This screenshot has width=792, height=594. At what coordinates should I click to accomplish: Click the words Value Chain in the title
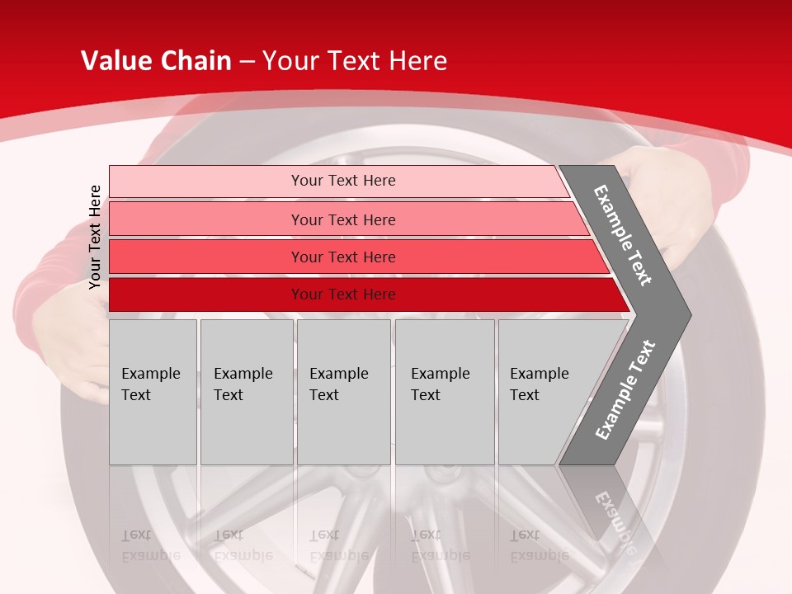[x=156, y=61]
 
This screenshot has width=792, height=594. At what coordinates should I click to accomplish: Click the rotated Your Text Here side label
[x=95, y=237]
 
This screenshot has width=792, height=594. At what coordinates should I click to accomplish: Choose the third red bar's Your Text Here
[x=343, y=257]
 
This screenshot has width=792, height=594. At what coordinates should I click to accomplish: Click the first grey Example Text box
[x=153, y=391]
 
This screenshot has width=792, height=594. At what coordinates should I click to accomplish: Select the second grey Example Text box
[x=246, y=391]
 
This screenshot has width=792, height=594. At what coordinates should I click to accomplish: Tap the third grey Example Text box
[x=343, y=391]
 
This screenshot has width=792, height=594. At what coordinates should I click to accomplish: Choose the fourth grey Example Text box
[x=444, y=391]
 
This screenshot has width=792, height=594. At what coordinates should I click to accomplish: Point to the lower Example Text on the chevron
[x=625, y=389]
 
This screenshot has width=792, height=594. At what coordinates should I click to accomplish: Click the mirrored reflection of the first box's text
[x=151, y=545]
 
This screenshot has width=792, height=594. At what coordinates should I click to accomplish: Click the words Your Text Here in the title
[x=355, y=61]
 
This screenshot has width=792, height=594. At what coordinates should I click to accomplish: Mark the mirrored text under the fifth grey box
[x=540, y=545]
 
